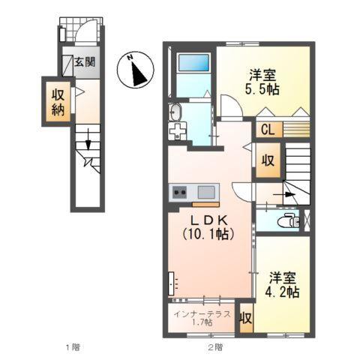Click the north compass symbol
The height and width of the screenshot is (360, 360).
pos(137,72)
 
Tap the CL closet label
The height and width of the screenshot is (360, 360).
pos(268,130)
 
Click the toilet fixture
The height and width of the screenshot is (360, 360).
pos(286,220)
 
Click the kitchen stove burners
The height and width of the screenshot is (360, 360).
pos(181,193)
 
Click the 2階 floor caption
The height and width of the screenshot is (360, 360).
pos(216,346)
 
